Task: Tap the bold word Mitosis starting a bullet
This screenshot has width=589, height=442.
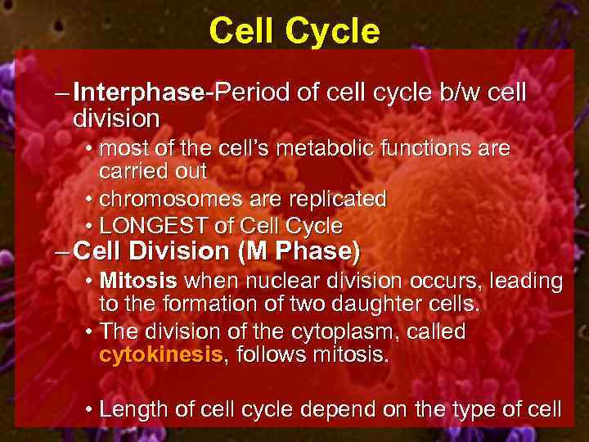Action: point(138,282)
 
